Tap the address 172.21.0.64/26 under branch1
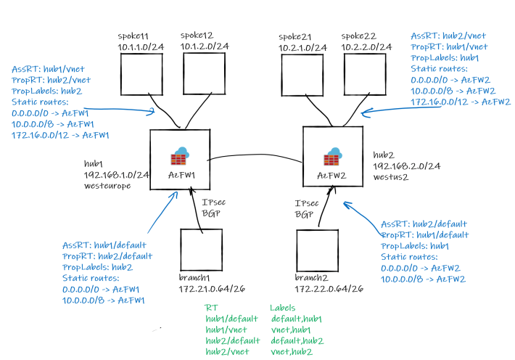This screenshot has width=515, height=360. click(x=211, y=289)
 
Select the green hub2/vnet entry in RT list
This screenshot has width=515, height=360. click(x=227, y=351)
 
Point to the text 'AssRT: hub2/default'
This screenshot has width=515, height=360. click(x=424, y=224)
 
